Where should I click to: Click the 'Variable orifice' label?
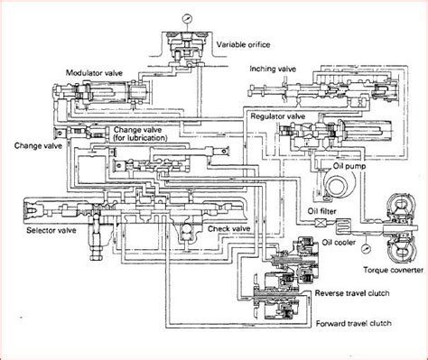coord(243,45)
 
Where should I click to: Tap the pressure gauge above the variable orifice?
coord(187,19)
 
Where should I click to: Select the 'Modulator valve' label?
coord(94,73)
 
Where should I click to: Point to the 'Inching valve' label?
coord(273,69)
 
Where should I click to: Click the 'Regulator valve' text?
coord(278,116)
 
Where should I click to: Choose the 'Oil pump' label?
coord(349,166)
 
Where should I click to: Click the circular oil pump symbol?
coord(340,184)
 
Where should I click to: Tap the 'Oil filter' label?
coord(321,211)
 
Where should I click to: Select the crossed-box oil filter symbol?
coord(321,224)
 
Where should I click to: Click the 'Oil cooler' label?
coord(339,242)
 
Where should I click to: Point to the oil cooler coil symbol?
coord(343,226)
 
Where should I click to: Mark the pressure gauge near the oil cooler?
coord(367,249)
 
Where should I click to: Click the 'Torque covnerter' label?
coord(393,270)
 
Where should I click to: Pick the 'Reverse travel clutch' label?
coord(352,293)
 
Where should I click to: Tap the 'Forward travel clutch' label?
coord(354,323)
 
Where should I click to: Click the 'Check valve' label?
coord(229,228)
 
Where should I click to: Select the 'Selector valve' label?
coord(51,230)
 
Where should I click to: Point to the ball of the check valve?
coord(188,230)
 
